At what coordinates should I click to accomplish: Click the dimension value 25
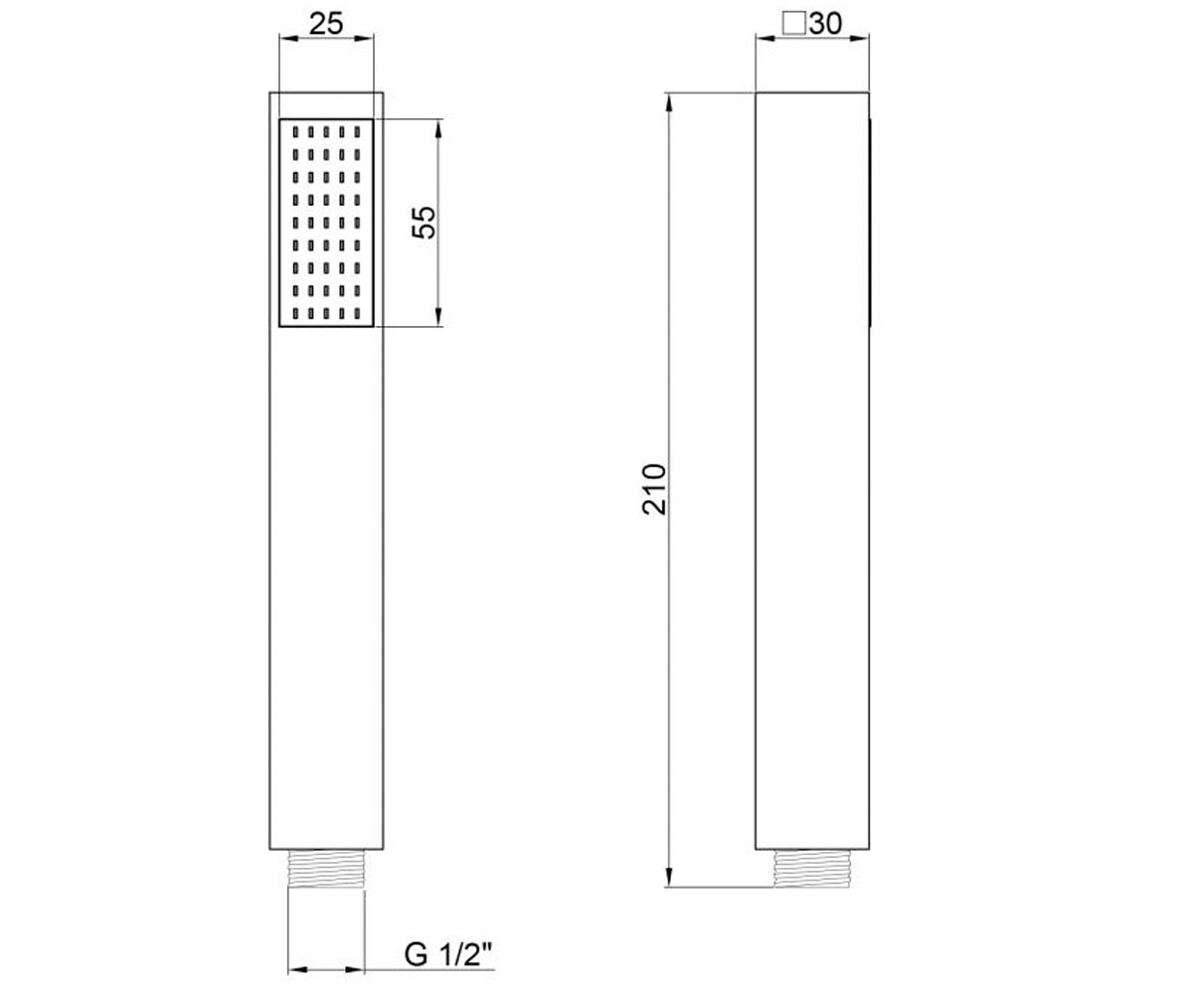(326, 24)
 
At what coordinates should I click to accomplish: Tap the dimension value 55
(425, 223)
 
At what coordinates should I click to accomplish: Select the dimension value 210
(654, 490)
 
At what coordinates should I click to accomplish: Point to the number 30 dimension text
(825, 24)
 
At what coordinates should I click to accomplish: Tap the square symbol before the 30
(793, 25)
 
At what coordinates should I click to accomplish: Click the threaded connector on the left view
(326, 869)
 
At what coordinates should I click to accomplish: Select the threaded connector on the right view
(812, 869)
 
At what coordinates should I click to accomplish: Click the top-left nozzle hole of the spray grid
(295, 132)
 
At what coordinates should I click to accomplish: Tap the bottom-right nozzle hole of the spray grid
(357, 314)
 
